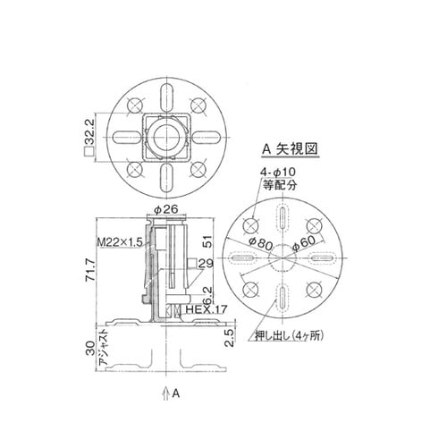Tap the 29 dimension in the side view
[x=205, y=263]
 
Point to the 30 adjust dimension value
[x=88, y=350]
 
